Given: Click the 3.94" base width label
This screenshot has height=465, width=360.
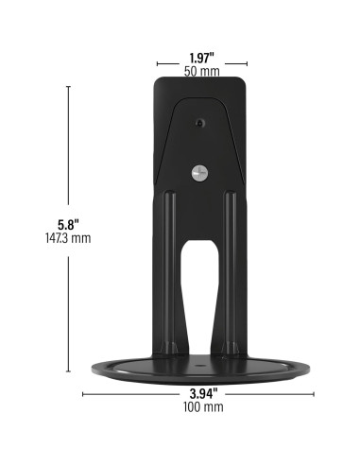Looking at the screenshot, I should [199, 393].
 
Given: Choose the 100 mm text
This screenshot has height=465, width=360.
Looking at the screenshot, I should [199, 407].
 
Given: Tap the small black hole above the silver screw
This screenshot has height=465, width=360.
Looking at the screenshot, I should [199, 124].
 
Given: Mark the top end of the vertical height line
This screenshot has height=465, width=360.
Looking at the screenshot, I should [68, 86].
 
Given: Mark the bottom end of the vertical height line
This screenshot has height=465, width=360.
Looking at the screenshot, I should [68, 375].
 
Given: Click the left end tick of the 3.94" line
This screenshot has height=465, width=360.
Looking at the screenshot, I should [84, 393].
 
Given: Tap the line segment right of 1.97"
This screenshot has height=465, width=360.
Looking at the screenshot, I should [233, 58].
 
